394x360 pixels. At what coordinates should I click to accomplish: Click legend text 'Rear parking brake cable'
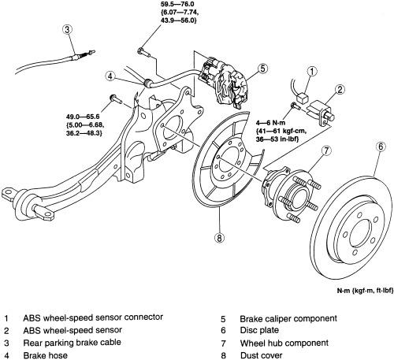(x=72, y=343)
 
